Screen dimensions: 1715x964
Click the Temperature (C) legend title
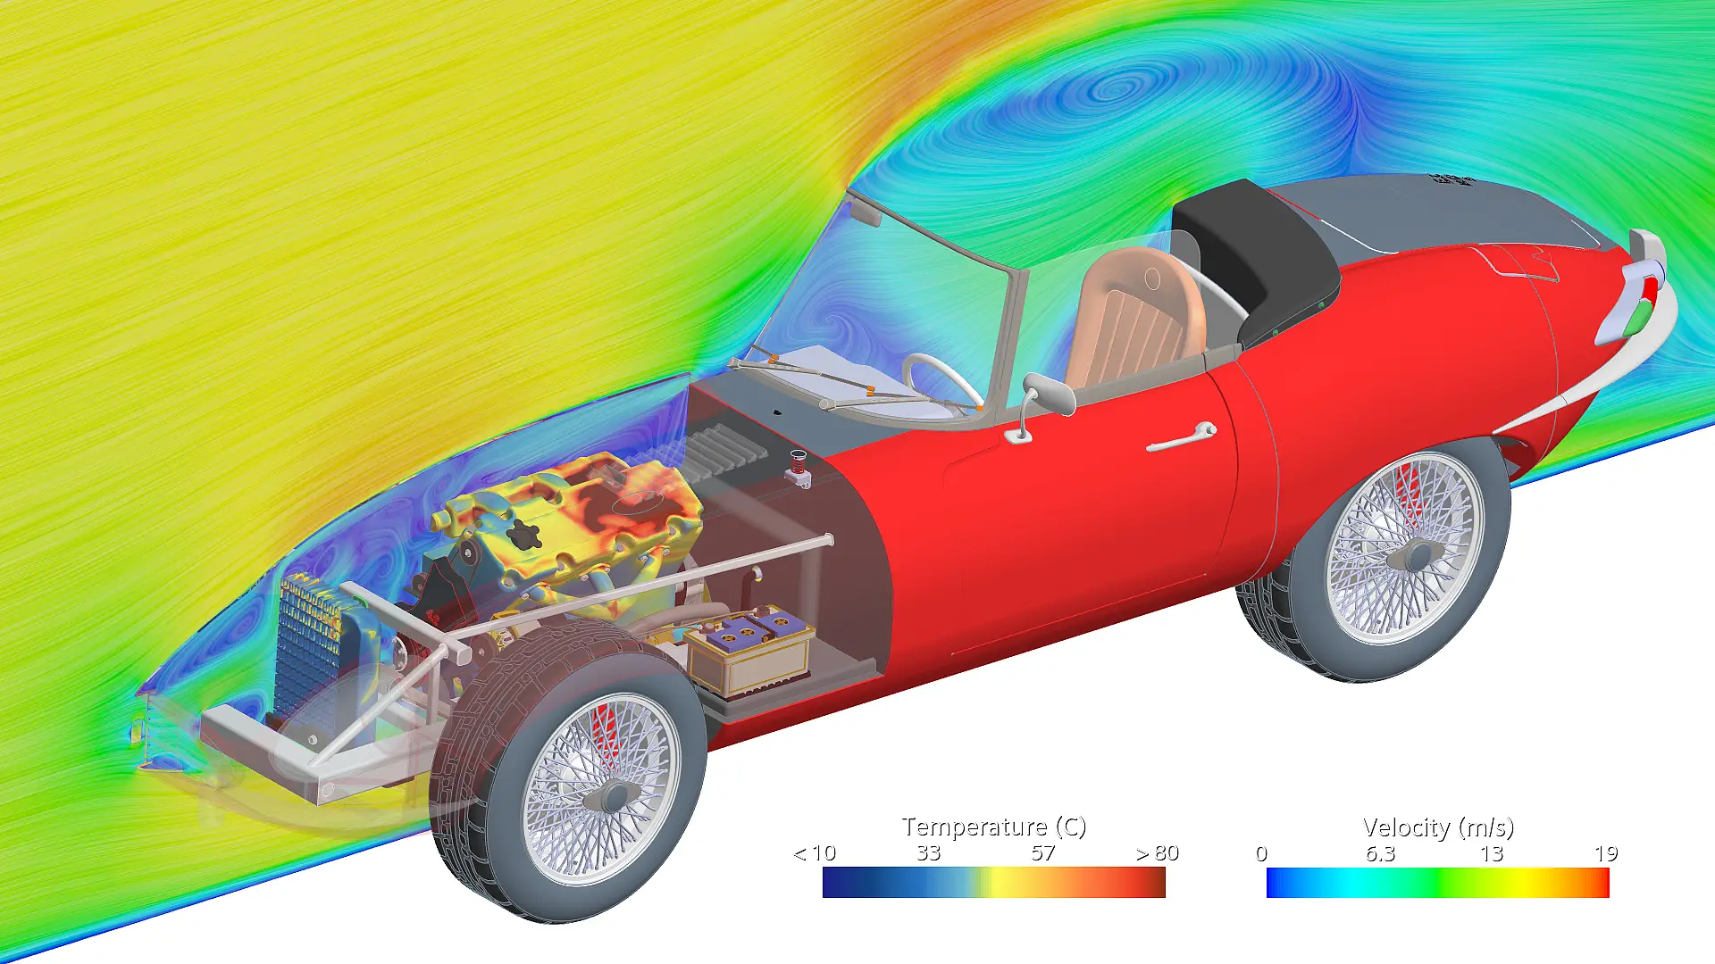(x=993, y=827)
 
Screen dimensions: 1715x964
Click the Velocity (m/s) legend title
(x=1438, y=828)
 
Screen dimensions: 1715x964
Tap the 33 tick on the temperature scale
(x=928, y=853)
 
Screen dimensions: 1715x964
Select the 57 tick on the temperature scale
(x=1042, y=853)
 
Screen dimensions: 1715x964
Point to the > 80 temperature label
(x=1158, y=853)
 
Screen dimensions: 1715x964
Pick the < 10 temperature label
(x=815, y=853)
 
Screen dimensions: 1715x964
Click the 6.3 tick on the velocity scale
(x=1380, y=854)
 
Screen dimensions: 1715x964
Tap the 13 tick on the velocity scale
(x=1491, y=854)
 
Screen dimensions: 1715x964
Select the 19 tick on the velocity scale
(x=1606, y=854)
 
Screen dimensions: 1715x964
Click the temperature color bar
(x=993, y=883)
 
